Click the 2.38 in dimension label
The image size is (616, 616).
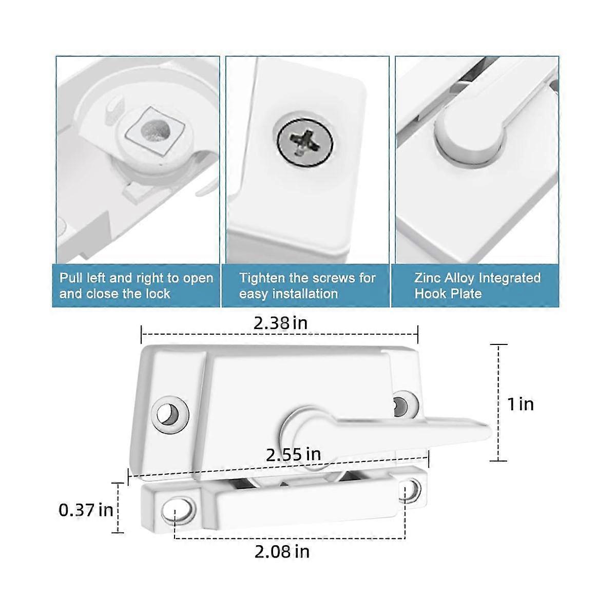coord(280,323)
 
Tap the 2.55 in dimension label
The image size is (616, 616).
coord(293,454)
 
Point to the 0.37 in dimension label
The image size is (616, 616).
coord(86,510)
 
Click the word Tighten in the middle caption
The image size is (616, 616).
coord(260,279)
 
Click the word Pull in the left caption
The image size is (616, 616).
coord(70,279)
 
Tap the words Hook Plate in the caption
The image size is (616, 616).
coord(448,294)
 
